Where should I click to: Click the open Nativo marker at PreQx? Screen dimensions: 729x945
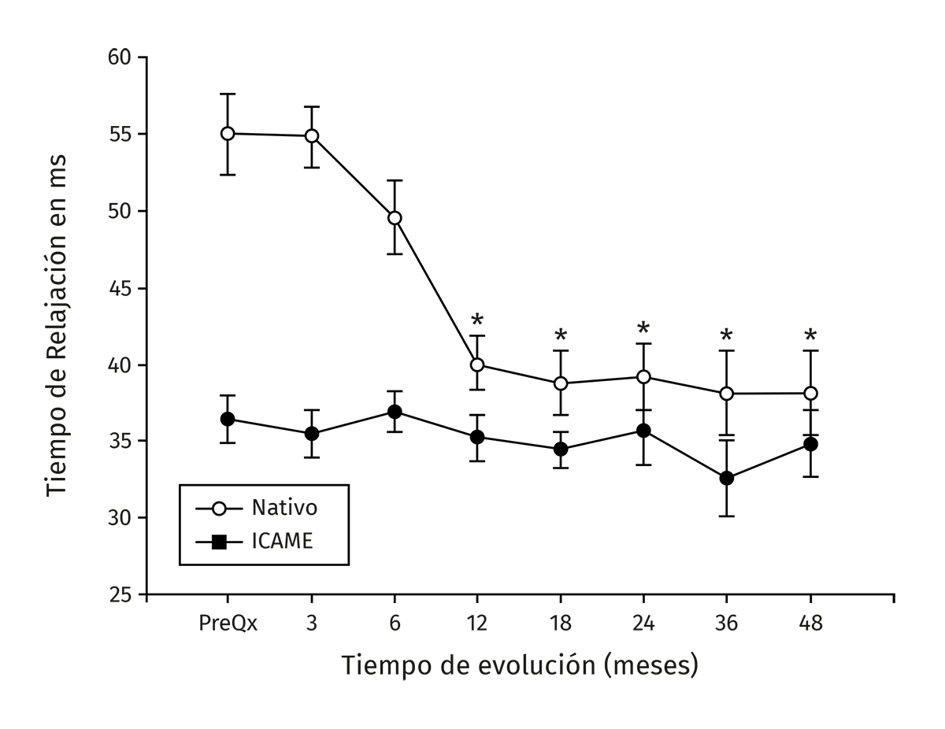228,133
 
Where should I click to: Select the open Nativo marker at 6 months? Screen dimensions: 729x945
395,218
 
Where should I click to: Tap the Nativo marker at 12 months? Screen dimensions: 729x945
477,364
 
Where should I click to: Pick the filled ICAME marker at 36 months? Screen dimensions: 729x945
727,478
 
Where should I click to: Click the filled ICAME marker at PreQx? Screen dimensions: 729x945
228,419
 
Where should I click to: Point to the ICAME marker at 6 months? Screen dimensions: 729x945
395,412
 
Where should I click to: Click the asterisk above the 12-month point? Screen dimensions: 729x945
477,321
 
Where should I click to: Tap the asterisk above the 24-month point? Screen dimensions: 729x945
643,329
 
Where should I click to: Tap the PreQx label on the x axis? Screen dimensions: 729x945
228,624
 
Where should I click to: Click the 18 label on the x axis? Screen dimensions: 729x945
561,624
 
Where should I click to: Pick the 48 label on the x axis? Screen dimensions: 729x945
810,624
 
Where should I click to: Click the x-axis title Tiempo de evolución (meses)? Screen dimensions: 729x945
520,665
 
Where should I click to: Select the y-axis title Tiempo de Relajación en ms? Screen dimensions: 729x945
56,325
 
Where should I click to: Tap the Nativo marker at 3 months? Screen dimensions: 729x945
311,135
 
